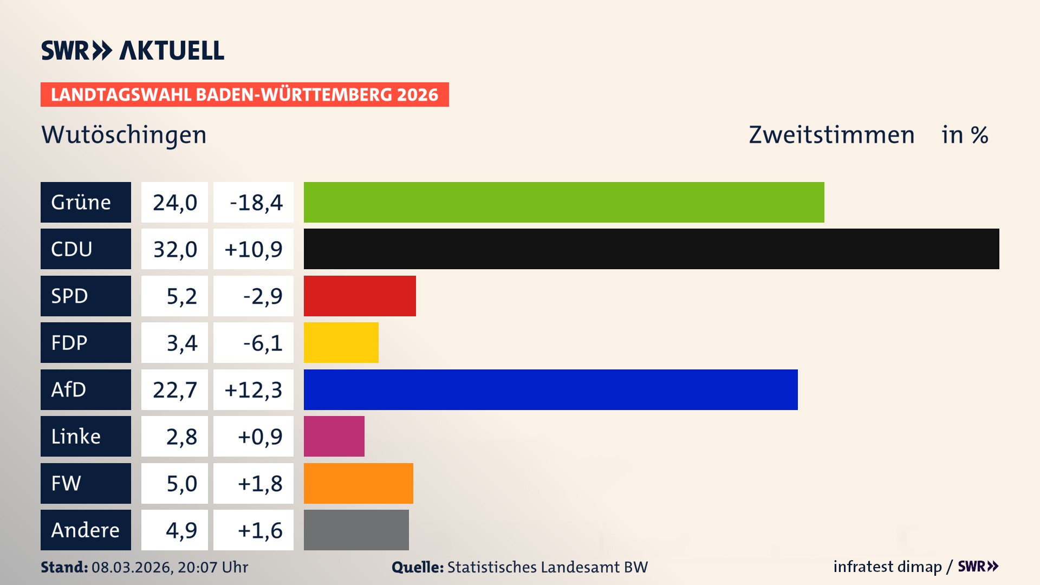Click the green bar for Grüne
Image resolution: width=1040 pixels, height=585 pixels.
pos(563,202)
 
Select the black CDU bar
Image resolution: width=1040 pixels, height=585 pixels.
pos(651,249)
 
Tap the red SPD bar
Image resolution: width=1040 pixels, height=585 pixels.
pos(360,296)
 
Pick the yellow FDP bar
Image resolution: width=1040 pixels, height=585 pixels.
pos(341,342)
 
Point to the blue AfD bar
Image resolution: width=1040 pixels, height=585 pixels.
pos(550,389)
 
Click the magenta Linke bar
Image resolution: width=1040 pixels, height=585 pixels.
pos(334,436)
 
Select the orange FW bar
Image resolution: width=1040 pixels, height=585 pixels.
pos(358,483)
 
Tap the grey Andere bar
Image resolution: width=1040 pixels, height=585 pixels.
pos(356,530)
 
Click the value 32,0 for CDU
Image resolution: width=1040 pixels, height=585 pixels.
pos(174,249)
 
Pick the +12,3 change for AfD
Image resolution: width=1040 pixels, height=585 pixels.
pos(253,390)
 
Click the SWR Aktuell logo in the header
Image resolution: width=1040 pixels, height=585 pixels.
pos(132,50)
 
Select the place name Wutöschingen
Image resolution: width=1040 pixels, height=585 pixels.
pos(124,135)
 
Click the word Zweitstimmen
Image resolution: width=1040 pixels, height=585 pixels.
pos(831,135)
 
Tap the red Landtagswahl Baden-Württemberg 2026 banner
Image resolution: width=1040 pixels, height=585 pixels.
pos(244,95)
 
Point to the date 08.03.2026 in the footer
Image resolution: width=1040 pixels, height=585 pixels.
pos(132,567)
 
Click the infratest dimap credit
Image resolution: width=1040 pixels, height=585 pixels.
pos(887,567)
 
